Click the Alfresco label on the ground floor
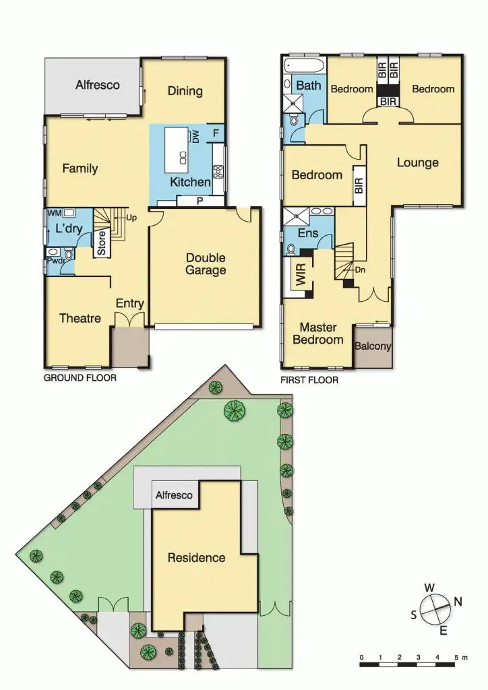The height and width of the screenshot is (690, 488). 98,85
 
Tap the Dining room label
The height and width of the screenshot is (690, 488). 185,91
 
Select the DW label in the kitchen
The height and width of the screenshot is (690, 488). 195,137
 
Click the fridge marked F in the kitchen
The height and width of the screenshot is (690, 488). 215,133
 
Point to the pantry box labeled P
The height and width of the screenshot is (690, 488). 200,200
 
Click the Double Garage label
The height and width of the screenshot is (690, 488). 206,264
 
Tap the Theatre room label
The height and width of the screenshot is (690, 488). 80,318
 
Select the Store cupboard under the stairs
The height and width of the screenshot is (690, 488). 102,243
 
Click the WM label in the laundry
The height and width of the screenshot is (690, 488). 53,214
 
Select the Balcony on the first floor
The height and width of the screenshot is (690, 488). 373,346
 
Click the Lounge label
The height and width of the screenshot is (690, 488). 417,162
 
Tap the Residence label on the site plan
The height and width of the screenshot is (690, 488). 196,557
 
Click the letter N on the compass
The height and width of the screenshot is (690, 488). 458,602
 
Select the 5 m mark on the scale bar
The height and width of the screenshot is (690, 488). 458,657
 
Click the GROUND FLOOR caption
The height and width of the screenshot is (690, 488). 80,378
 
